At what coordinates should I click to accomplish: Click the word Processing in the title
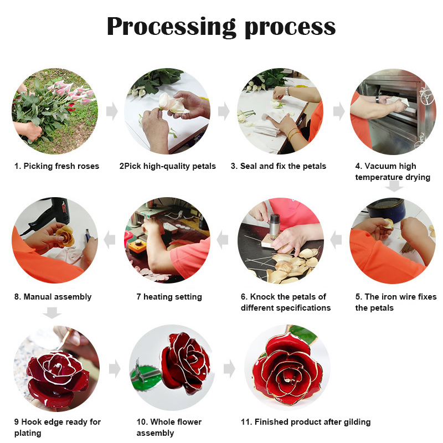tap(171, 27)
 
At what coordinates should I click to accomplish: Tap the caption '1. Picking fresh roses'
tap(57, 166)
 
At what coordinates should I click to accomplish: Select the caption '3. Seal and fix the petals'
tap(279, 166)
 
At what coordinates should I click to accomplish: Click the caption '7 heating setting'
tap(169, 297)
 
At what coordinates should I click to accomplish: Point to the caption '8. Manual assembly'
tap(53, 297)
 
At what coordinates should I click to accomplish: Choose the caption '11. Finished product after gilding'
tap(306, 422)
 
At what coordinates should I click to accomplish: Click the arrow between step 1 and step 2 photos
tap(112, 111)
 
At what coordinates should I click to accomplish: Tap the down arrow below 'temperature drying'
tap(394, 186)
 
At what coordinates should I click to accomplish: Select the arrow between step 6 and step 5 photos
tap(336, 240)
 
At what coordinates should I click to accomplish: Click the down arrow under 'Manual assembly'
tap(52, 313)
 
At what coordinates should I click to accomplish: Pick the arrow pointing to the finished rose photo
tap(229, 369)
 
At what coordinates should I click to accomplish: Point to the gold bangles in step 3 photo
tap(294, 133)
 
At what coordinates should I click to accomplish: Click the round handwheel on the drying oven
tap(426, 96)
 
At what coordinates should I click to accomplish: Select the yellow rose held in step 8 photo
tap(65, 236)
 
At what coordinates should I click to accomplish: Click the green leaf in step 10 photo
tap(145, 378)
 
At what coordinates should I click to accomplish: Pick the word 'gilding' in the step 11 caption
tap(357, 422)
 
